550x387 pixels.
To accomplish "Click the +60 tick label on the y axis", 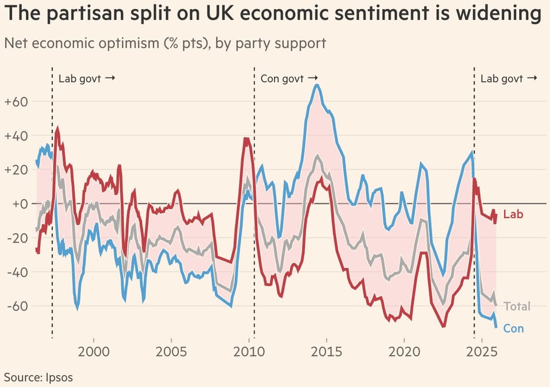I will tap(16, 102).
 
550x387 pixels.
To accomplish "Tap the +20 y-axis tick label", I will tap(16, 170).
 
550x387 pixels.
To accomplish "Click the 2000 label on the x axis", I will tap(93, 351).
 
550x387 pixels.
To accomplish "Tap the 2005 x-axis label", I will tap(171, 351).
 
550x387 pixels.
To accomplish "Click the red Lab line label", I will tap(513, 214).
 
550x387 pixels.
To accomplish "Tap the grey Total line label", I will tap(517, 306).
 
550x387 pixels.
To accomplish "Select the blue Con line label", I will tap(513, 329).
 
